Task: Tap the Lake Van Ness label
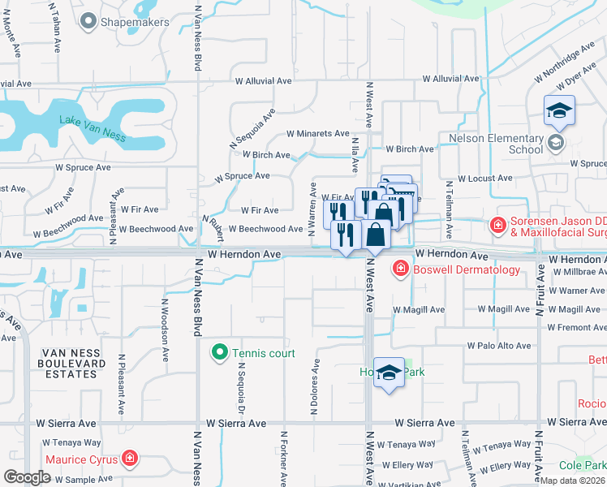point(93,128)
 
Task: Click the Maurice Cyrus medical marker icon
point(129,459)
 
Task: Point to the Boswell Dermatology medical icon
point(400,269)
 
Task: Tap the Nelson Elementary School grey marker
point(556,144)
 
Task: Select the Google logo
point(27,477)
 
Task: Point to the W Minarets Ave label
point(318,134)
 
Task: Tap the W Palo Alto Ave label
point(498,346)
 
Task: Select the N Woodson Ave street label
point(165,330)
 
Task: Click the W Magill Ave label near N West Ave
point(418,310)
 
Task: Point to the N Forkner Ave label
point(283,463)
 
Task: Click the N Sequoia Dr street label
point(241,386)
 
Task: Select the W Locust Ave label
point(484,178)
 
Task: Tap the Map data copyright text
point(572,481)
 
